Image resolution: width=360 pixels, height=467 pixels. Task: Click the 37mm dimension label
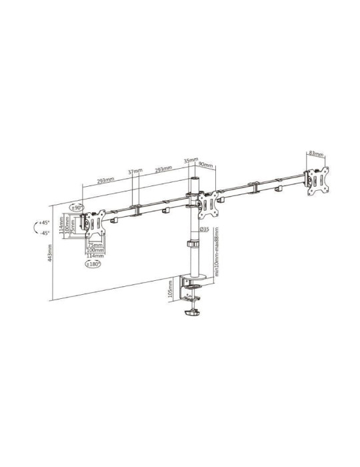(x=136, y=171)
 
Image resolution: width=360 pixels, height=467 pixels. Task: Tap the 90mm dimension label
(x=206, y=165)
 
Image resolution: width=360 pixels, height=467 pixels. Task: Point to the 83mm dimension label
(x=316, y=153)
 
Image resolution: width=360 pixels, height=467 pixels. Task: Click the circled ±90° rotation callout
(x=77, y=207)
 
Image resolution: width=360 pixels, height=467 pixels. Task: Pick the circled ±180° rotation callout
(x=93, y=264)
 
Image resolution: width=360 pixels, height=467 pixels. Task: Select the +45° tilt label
(x=45, y=222)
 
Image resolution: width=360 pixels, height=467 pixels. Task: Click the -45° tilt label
(x=45, y=233)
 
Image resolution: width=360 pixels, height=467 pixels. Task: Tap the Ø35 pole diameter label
(x=205, y=229)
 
